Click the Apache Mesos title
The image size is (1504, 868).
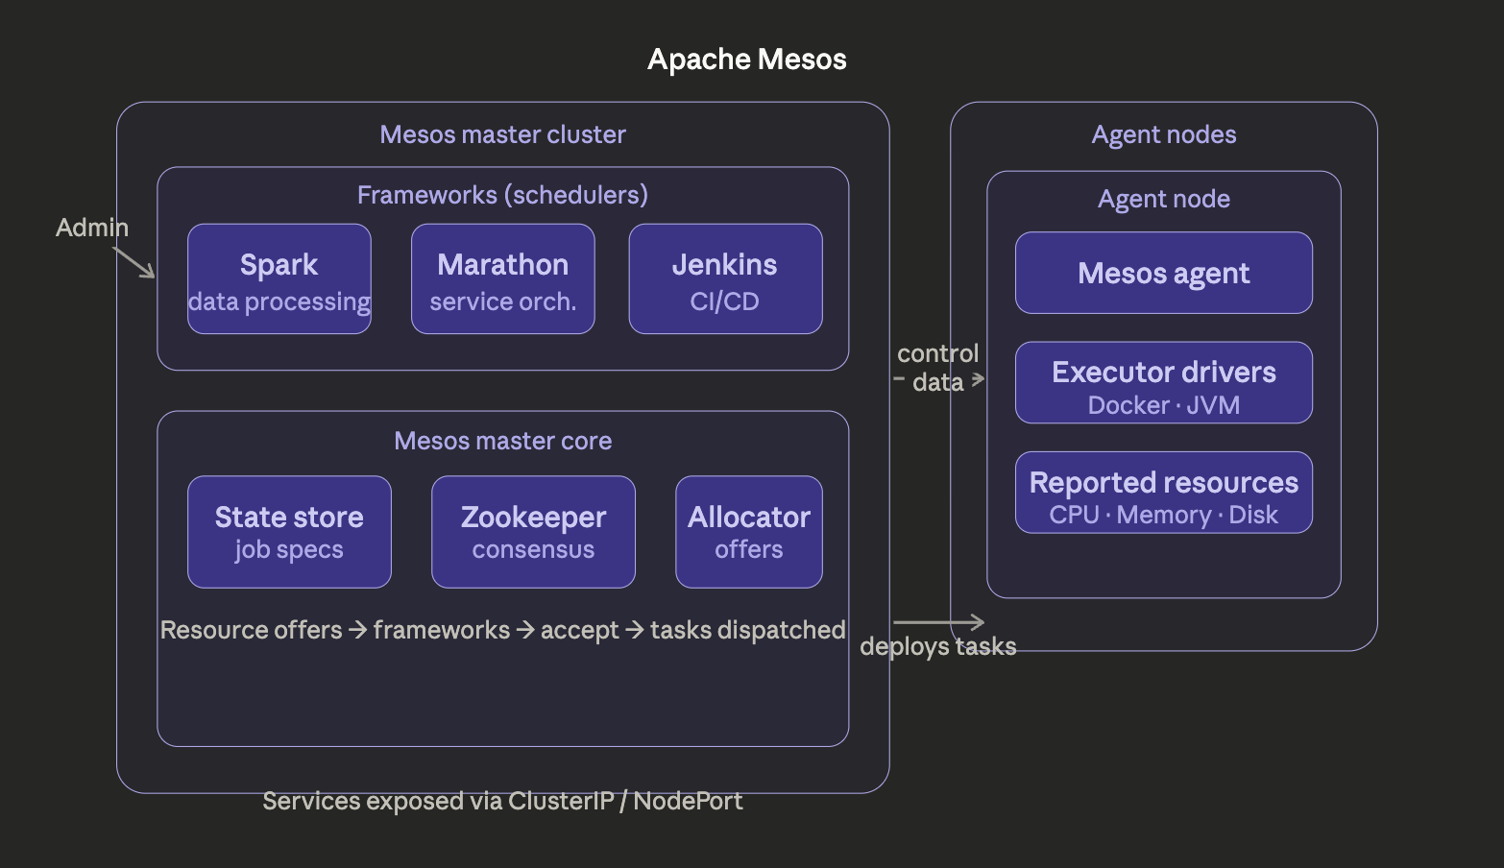pyautogui.click(x=746, y=60)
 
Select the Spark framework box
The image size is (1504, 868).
pyautogui.click(x=279, y=279)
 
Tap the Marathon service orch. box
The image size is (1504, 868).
pyautogui.click(x=502, y=279)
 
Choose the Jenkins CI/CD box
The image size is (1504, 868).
pyautogui.click(x=725, y=279)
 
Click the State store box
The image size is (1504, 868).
pyautogui.click(x=289, y=532)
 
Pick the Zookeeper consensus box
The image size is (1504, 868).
pyautogui.click(x=533, y=532)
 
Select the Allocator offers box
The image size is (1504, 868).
pyautogui.click(x=748, y=532)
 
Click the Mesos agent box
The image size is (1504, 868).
pyautogui.click(x=1163, y=274)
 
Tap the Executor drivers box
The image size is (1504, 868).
pyautogui.click(x=1163, y=383)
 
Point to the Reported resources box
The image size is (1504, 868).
pyautogui.click(x=1163, y=493)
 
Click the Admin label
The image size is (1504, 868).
pyautogui.click(x=91, y=228)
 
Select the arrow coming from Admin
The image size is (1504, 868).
pyautogui.click(x=134, y=262)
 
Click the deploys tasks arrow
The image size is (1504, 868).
pyautogui.click(x=938, y=622)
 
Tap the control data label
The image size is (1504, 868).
pyautogui.click(x=937, y=368)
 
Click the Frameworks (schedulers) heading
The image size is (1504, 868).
pyautogui.click(x=502, y=195)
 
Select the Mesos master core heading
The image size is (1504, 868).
pyautogui.click(x=502, y=441)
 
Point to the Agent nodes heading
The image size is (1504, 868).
pyautogui.click(x=1163, y=134)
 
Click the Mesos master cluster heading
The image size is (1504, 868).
pyautogui.click(x=502, y=134)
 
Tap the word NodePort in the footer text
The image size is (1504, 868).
pyautogui.click(x=688, y=801)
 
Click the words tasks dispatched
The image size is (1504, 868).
pyautogui.click(x=747, y=630)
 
